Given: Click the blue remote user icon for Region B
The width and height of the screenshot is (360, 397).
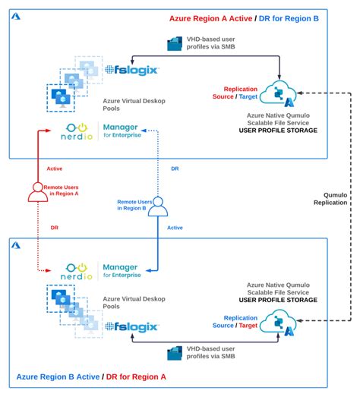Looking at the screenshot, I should coord(157,206).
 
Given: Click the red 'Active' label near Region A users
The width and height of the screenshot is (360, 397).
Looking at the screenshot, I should coord(55,169).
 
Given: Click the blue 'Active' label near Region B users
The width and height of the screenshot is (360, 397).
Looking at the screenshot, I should coord(175,227).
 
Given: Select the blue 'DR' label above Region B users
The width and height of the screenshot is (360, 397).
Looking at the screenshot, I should coord(175,169).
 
